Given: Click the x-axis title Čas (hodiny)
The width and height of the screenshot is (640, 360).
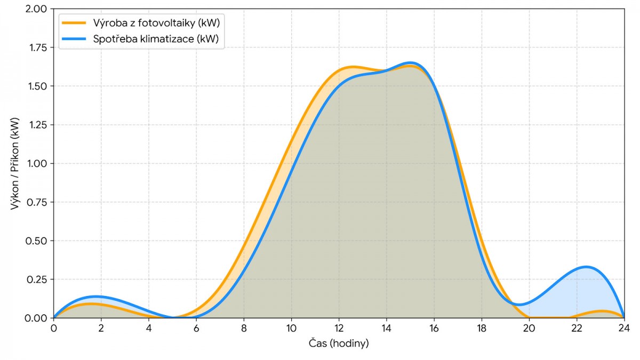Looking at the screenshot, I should pyautogui.click(x=339, y=343).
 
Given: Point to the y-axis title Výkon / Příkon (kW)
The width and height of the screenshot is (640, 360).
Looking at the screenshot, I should pyautogui.click(x=14, y=163).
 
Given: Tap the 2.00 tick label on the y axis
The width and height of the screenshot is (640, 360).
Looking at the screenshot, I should pyautogui.click(x=36, y=9).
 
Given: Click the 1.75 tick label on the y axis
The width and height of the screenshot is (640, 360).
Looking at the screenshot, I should pyautogui.click(x=36, y=47).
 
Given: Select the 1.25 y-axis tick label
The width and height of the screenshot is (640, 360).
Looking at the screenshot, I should pyautogui.click(x=36, y=125).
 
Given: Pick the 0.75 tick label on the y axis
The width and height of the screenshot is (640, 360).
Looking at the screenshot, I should pyautogui.click(x=36, y=202).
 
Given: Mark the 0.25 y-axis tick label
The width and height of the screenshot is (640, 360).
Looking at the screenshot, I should pyautogui.click(x=36, y=279).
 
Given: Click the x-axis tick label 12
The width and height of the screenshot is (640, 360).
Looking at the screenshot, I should pyautogui.click(x=339, y=327).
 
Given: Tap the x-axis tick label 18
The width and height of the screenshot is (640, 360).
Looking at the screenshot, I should pyautogui.click(x=481, y=327).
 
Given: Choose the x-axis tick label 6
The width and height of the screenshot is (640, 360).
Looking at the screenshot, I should pyautogui.click(x=196, y=327).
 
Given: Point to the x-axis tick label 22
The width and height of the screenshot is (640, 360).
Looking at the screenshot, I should pyautogui.click(x=576, y=327).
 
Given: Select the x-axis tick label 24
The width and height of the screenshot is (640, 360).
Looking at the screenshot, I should pyautogui.click(x=623, y=327).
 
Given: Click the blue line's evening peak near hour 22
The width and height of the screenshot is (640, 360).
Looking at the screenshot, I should pyautogui.click(x=586, y=267).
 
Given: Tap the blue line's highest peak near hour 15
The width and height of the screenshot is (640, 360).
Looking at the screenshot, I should pyautogui.click(x=410, y=63).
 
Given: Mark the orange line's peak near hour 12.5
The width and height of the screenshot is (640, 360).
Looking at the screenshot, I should pyautogui.click(x=352, y=67).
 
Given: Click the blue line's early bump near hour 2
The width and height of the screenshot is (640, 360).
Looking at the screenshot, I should pyautogui.click(x=96, y=296).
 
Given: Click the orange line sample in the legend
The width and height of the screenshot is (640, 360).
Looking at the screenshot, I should pyautogui.click(x=74, y=23).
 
